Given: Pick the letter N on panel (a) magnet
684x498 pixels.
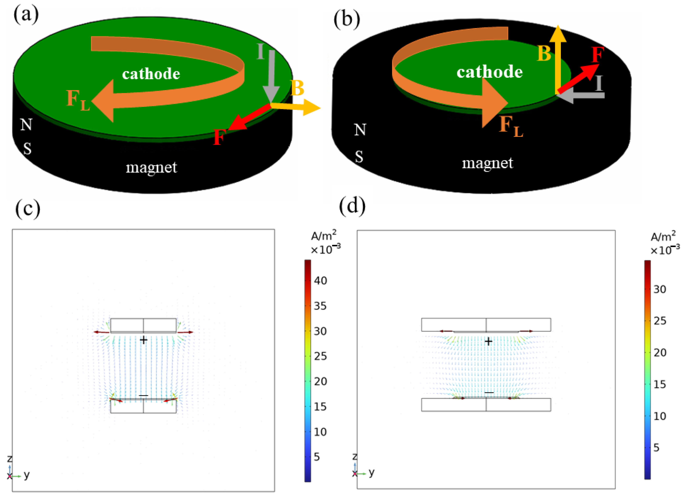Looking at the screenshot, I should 26,124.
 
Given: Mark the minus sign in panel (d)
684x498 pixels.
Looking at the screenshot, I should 489,392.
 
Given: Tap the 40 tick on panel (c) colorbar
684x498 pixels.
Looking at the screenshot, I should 320,281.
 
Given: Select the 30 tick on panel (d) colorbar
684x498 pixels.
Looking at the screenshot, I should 660,289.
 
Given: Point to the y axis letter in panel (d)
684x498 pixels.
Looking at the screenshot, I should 371,472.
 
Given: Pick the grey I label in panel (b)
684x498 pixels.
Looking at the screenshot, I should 599,83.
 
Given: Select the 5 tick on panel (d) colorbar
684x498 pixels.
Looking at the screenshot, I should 656,448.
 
